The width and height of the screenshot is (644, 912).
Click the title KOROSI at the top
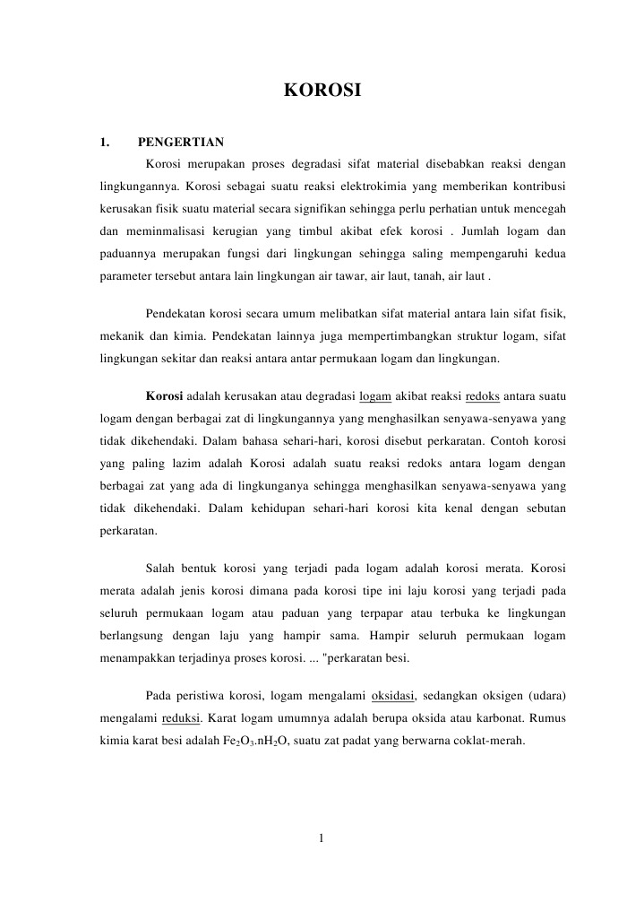click(x=322, y=90)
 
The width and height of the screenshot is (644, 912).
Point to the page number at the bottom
click(x=322, y=838)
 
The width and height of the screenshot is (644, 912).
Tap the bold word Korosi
click(x=164, y=395)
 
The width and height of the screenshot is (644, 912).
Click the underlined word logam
click(x=374, y=395)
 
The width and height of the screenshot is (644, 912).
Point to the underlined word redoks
click(x=483, y=395)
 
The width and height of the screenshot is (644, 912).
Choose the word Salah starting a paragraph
click(x=159, y=569)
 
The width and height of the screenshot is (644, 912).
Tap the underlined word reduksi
click(x=181, y=718)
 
